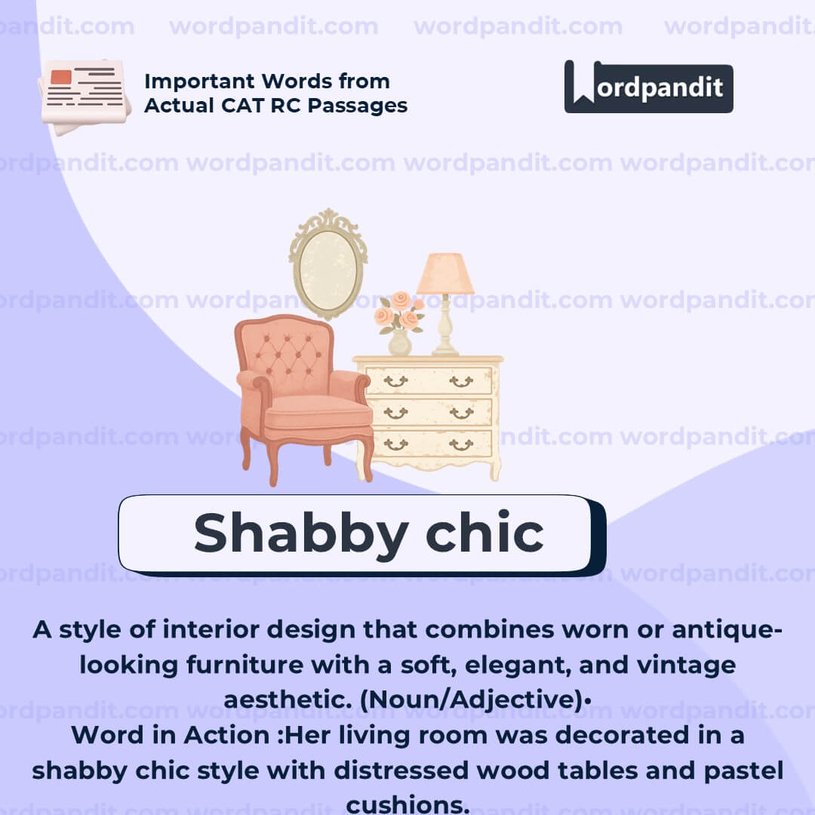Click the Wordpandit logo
648,87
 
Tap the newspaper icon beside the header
84,94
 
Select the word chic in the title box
484,533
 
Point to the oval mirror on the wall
328,264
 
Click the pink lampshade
445,274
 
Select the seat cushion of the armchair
317,412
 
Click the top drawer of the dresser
428,381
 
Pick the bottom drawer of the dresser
428,444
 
